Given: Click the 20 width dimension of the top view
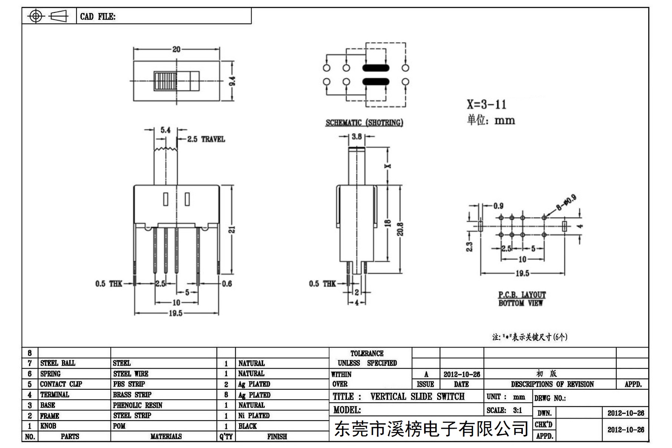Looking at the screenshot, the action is (x=176, y=49).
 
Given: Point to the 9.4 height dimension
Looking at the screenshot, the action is (x=233, y=81).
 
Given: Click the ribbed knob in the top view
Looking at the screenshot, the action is (x=165, y=81).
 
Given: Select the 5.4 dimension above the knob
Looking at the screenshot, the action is (x=165, y=130).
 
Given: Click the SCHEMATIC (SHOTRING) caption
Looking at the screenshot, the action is (x=364, y=122).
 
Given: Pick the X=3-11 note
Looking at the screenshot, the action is (x=486, y=104).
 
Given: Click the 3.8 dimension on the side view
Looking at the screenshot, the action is (x=357, y=137).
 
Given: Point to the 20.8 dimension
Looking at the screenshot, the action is (x=400, y=229).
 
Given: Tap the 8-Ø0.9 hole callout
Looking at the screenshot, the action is (x=566, y=202).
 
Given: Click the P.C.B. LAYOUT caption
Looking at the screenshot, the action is (x=522, y=295).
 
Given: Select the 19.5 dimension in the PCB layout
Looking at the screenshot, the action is (x=522, y=274).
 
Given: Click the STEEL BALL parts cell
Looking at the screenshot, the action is (x=58, y=363).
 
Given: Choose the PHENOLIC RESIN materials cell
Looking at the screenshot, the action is (x=138, y=405).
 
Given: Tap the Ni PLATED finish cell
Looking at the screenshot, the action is (x=254, y=416).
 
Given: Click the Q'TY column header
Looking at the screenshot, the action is (x=226, y=436).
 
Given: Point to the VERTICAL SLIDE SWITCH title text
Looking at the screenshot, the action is (x=417, y=396).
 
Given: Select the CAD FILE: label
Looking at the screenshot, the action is (x=98, y=17).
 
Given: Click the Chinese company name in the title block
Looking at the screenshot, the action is (x=431, y=429).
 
